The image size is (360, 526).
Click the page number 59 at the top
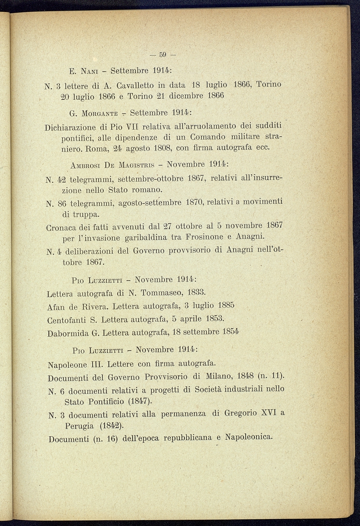click(163, 55)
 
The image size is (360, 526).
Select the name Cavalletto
click(133, 86)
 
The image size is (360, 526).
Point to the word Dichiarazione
click(70, 127)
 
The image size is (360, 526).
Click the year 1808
click(160, 148)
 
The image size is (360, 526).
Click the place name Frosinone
click(204, 237)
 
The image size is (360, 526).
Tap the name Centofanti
click(67, 320)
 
